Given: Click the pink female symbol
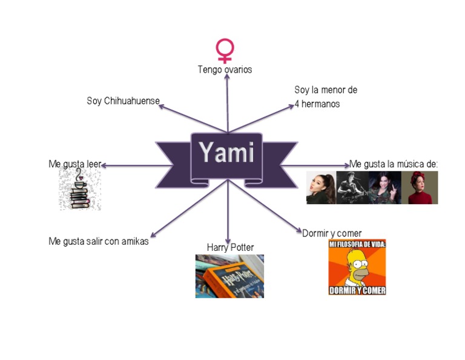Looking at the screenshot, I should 225,50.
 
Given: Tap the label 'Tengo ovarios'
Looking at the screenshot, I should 225,70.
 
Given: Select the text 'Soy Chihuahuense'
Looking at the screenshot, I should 123,101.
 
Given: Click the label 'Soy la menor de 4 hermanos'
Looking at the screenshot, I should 325,97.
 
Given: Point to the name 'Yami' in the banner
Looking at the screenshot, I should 226,152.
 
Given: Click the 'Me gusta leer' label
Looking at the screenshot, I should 74,164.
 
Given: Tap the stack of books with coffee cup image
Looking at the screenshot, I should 79,190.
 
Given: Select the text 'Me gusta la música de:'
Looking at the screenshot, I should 394,164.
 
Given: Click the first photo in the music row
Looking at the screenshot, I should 321,188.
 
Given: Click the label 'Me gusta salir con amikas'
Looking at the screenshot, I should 98,241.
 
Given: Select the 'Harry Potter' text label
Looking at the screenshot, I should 230,247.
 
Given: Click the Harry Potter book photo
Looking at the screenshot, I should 229,276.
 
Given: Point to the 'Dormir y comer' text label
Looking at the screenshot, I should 332,233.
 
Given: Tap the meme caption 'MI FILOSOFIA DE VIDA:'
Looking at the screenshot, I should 357,244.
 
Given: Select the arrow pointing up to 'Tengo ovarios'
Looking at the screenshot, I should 227,97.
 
